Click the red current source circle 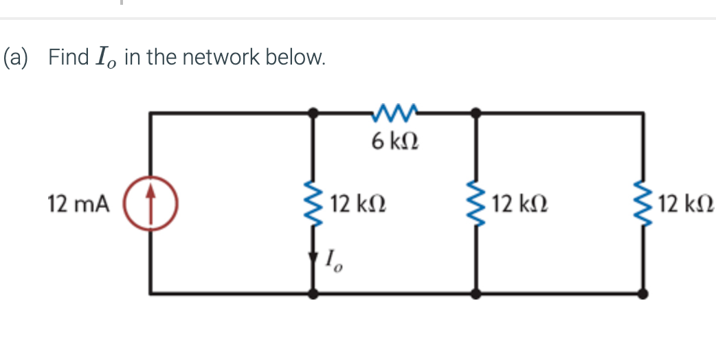point(150,204)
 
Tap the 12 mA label point(78,204)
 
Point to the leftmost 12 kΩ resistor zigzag point(315,204)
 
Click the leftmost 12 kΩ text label point(357,204)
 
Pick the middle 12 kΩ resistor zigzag point(476,204)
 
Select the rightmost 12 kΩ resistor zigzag point(643,204)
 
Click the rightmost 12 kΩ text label point(684,204)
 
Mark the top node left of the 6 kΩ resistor point(315,111)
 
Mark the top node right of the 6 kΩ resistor point(476,111)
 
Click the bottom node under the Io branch point(315,293)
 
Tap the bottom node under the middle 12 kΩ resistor point(476,293)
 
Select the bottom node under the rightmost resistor point(643,293)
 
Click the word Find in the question point(68,56)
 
